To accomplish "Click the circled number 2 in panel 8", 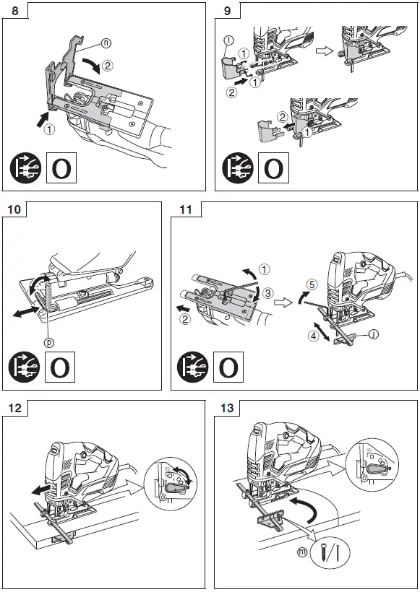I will (x=107, y=67).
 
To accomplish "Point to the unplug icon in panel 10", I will (x=26, y=366).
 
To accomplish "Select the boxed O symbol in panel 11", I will (x=227, y=366).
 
